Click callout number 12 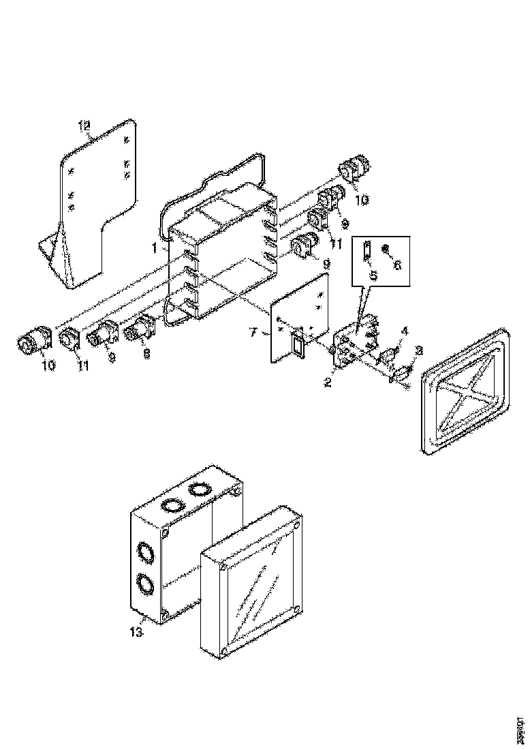(x=84, y=125)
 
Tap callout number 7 (x=252, y=332)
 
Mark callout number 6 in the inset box (x=397, y=265)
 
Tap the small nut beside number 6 (x=385, y=249)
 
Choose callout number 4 (x=405, y=331)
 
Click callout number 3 (x=419, y=350)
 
